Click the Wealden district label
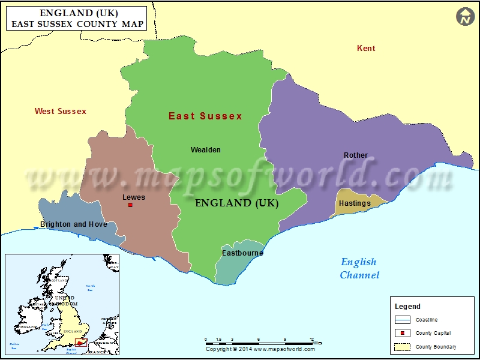tap(205, 150)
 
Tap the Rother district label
tap(356, 155)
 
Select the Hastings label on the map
tap(355, 203)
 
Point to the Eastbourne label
tap(242, 253)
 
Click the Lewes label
tap(133, 197)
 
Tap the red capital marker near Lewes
tap(130, 205)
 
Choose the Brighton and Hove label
tap(74, 224)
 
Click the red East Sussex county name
tap(205, 116)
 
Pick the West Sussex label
tap(60, 111)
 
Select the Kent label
tap(366, 48)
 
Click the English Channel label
tap(359, 269)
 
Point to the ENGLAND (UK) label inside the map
tap(237, 203)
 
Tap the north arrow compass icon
tap(465, 17)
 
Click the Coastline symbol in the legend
tap(402, 320)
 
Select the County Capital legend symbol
tap(402, 333)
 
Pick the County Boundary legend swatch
tap(402, 347)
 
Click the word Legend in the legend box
tap(407, 307)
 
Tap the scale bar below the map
tap(259, 343)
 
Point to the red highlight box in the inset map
tap(80, 341)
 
